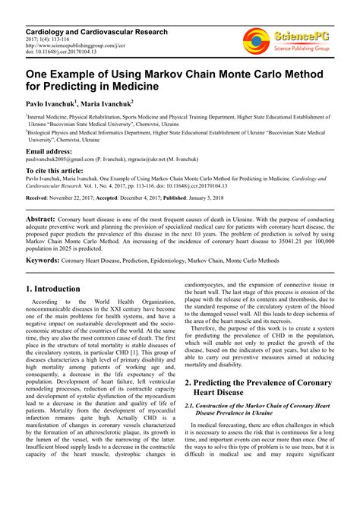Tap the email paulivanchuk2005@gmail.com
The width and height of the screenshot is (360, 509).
point(62,160)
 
